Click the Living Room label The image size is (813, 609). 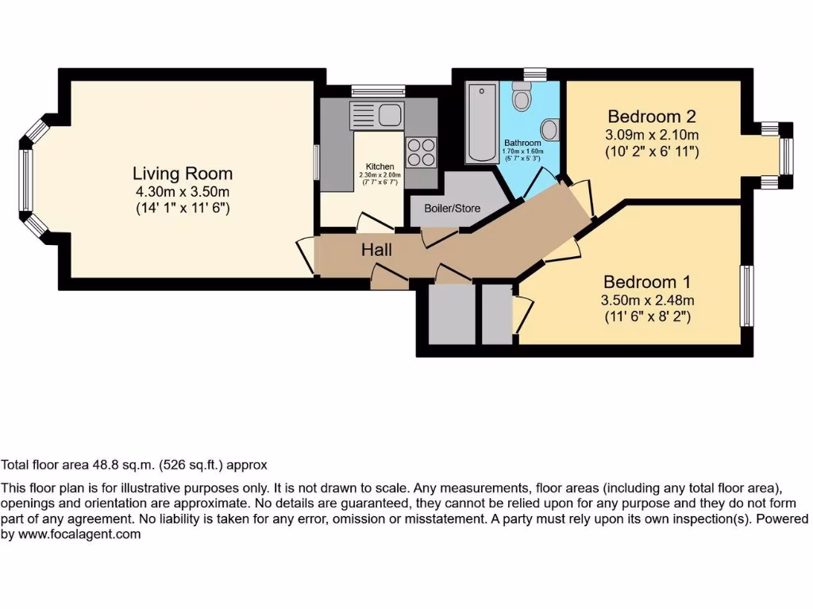tap(183, 174)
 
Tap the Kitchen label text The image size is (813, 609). tap(380, 166)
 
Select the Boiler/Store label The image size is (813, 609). tap(446, 209)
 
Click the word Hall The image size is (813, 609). tap(377, 250)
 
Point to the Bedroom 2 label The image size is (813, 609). tap(652, 117)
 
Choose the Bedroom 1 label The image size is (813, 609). tap(647, 282)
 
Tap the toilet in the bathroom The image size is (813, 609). tap(522, 97)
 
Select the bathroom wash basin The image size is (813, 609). tap(549, 128)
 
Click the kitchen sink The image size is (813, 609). tap(378, 117)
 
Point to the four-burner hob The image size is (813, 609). tap(422, 151)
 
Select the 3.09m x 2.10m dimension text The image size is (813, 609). tap(652, 134)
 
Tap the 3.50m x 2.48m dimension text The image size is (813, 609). tap(647, 300)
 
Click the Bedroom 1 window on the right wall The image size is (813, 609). tap(747, 295)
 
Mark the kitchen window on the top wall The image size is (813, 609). tap(379, 91)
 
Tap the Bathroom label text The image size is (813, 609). tap(522, 143)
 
